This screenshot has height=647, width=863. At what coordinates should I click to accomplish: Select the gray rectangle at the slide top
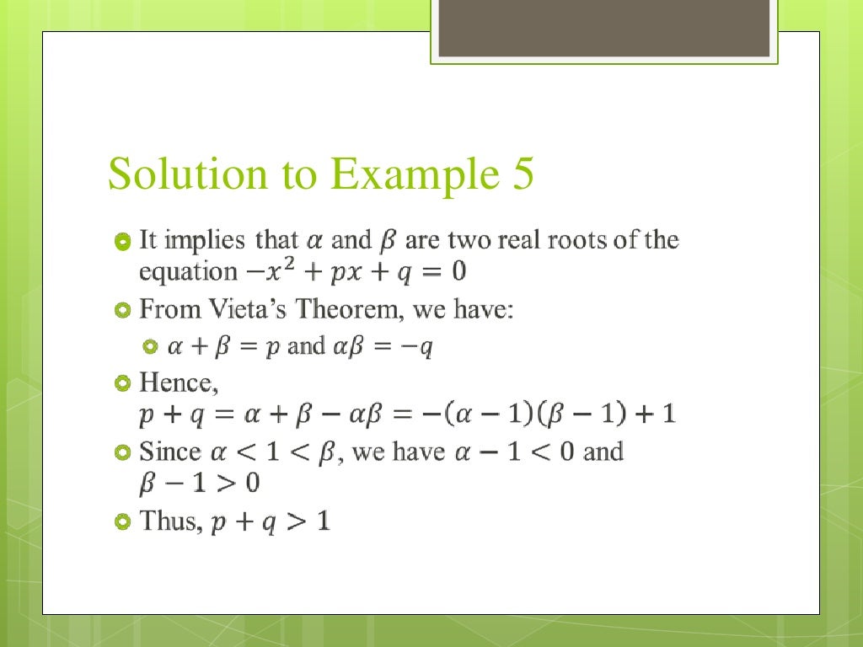pyautogui.click(x=603, y=28)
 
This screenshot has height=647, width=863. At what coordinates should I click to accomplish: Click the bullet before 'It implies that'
pyautogui.click(x=122, y=243)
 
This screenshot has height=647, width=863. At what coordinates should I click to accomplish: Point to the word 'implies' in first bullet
pyautogui.click(x=206, y=241)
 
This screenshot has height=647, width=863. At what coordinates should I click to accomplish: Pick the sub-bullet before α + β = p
pyautogui.click(x=151, y=346)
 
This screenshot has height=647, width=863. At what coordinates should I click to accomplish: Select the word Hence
pyautogui.click(x=178, y=383)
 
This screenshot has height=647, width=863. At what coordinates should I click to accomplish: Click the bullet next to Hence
pyautogui.click(x=122, y=384)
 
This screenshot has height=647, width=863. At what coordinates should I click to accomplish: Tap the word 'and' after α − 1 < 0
pyautogui.click(x=603, y=452)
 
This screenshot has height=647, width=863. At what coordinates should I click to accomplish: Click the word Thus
pyautogui.click(x=171, y=521)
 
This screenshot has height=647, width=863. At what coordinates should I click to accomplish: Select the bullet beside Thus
pyautogui.click(x=122, y=522)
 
